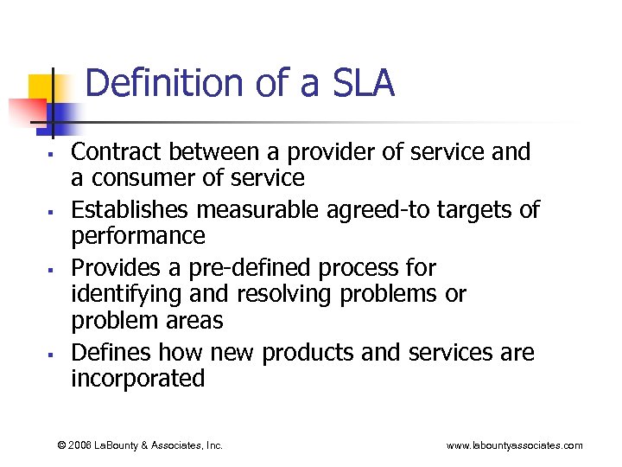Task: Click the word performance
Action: [x=137, y=236]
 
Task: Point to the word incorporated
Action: [x=137, y=379]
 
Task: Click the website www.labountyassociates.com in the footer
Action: [x=514, y=445]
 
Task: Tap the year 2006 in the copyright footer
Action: [x=82, y=445]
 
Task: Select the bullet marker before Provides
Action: [x=53, y=269]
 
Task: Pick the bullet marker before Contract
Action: [x=53, y=154]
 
